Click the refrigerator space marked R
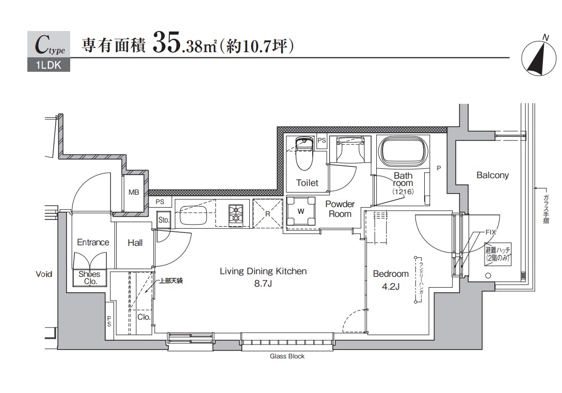[x=268, y=213]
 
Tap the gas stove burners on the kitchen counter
[x=237, y=214]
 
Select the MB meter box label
[x=134, y=193]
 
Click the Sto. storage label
[x=164, y=219]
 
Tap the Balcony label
[x=492, y=175]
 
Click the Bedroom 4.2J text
[x=391, y=279]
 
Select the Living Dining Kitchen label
[x=263, y=276]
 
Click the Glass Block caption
[x=287, y=356]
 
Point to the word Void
[x=44, y=274]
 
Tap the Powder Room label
[x=340, y=209]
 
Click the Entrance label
[x=93, y=242]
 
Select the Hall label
[x=135, y=242]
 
